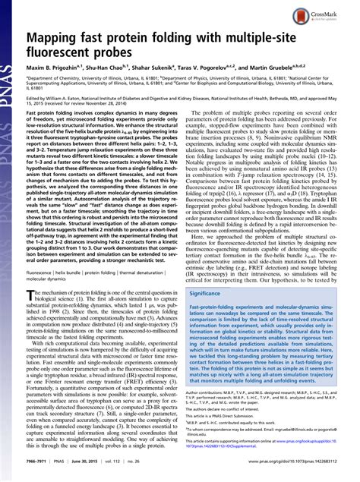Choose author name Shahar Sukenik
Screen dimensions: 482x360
(170, 68)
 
